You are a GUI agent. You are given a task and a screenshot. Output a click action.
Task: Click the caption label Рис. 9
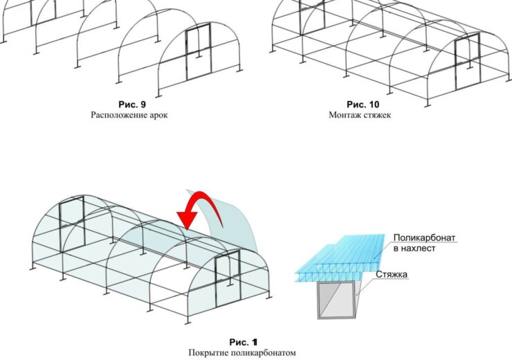[132, 105]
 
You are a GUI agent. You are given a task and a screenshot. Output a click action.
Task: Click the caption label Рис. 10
[363, 105]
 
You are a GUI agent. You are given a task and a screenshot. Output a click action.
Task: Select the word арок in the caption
[158, 115]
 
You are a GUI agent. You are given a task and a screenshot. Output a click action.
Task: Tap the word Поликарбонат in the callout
[424, 237]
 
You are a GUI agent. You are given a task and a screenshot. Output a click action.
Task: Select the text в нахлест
[414, 249]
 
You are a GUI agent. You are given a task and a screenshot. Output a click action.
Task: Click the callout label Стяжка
[392, 274]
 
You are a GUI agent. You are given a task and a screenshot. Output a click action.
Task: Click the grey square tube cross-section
[337, 300]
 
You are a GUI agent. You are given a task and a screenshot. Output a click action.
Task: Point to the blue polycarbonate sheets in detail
[340, 258]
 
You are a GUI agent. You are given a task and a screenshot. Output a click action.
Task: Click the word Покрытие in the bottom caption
[210, 353]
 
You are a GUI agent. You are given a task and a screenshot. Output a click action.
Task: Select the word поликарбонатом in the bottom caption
[264, 353]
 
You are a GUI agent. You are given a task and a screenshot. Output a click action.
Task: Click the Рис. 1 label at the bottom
[244, 342]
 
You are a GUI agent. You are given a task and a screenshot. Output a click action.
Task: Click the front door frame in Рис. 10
[468, 63]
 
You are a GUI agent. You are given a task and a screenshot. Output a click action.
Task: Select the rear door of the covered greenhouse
[72, 224]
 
